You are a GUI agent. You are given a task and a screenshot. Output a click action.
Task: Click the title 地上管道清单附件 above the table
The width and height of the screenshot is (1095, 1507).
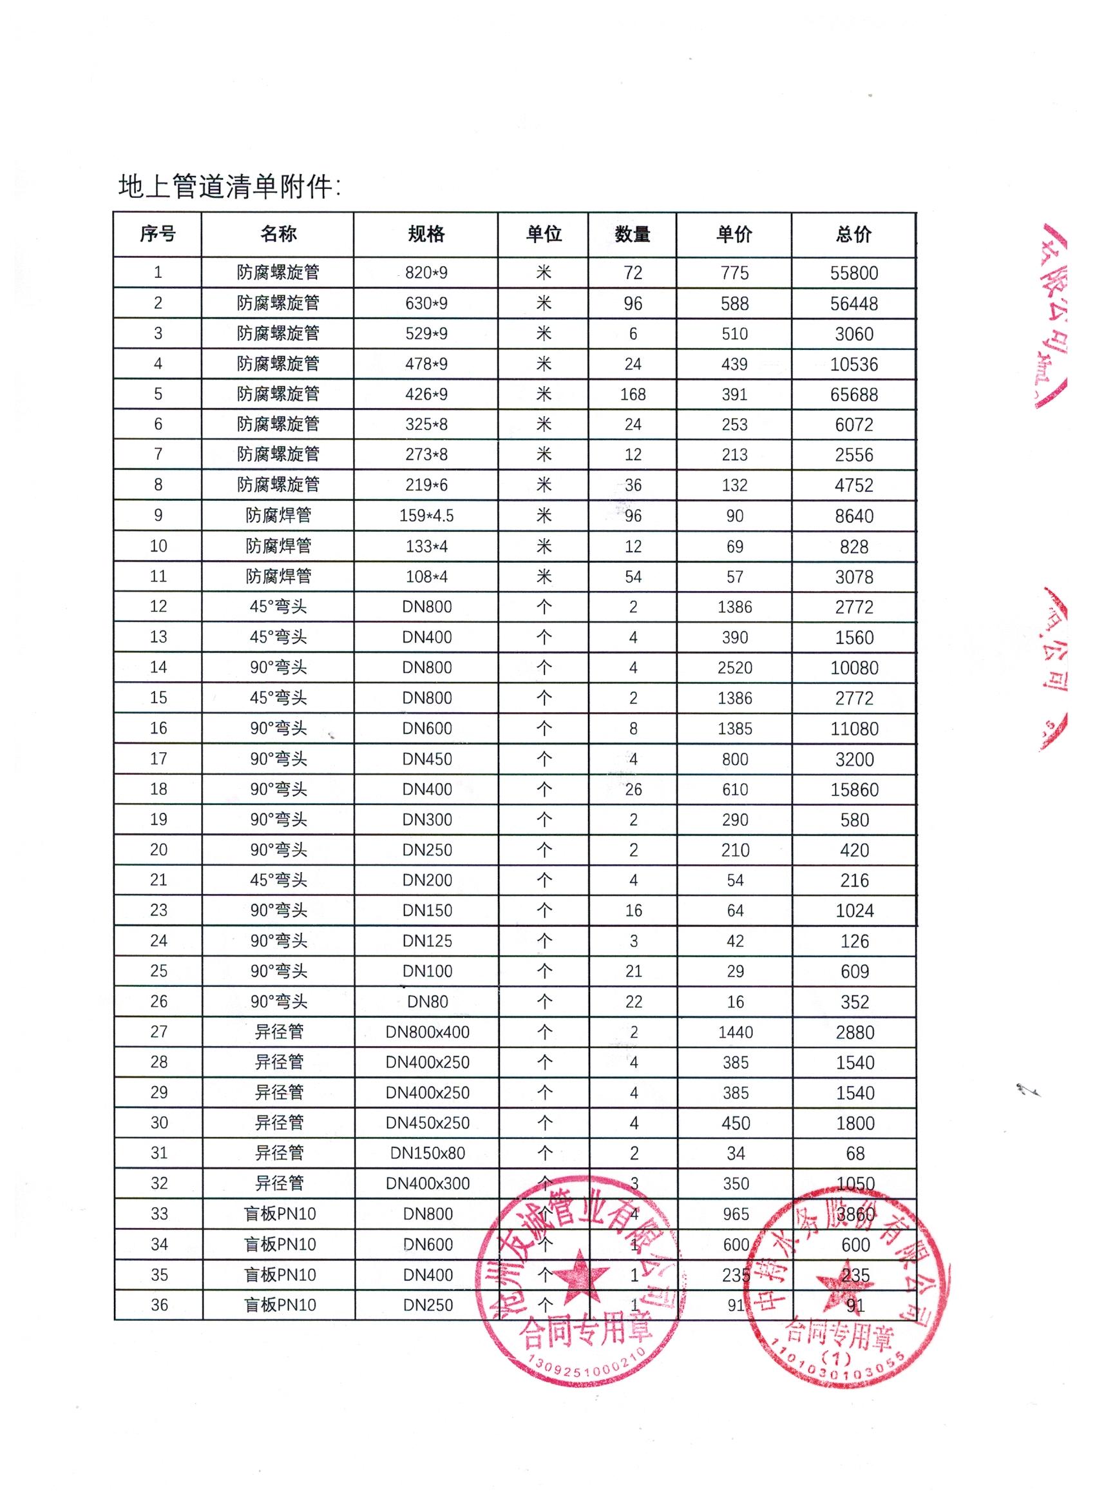tap(229, 188)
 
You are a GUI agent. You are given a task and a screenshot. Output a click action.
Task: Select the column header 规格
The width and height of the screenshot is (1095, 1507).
tap(426, 234)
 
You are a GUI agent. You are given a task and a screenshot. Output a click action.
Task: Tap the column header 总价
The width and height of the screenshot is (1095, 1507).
tap(853, 234)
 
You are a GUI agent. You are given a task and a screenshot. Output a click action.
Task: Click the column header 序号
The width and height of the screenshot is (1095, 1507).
tap(157, 234)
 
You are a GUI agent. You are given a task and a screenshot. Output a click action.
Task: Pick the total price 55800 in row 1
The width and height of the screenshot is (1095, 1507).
tap(854, 273)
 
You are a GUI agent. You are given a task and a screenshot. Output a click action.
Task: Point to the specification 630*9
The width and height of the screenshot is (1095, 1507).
tap(426, 304)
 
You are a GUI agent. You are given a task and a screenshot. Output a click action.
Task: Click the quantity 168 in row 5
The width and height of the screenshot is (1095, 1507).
tap(632, 394)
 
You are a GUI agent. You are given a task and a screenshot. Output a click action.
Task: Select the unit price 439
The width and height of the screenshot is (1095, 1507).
tap(734, 364)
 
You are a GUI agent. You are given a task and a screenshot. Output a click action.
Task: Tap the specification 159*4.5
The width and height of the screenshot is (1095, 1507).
tap(426, 516)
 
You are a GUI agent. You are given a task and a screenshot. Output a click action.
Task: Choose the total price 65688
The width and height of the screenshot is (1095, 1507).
tap(854, 394)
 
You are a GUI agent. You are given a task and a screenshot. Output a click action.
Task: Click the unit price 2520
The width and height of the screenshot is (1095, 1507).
tap(734, 668)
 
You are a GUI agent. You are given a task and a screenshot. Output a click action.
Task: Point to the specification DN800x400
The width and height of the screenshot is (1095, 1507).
tap(427, 1032)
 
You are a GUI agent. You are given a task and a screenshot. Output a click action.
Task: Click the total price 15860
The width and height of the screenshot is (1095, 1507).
tap(854, 790)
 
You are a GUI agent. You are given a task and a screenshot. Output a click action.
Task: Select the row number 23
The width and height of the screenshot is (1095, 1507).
tap(158, 910)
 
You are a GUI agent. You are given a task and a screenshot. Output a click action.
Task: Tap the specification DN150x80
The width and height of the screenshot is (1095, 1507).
tap(427, 1153)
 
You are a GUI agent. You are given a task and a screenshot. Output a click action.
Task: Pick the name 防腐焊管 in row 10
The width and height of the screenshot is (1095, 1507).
tap(278, 546)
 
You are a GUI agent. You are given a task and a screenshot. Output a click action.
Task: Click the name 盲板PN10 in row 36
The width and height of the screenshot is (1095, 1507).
tap(280, 1305)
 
